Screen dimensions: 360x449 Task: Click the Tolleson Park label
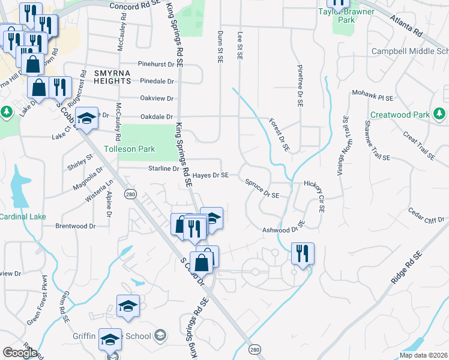click(x=130, y=149)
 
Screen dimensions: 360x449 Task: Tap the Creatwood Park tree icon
click(x=439, y=113)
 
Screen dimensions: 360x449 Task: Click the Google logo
click(x=20, y=353)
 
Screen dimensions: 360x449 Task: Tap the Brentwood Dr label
click(x=76, y=226)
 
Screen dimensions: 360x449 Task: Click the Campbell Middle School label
click(x=410, y=51)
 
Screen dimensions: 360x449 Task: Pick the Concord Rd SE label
click(x=136, y=5)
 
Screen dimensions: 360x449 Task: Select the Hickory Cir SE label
click(x=315, y=195)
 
